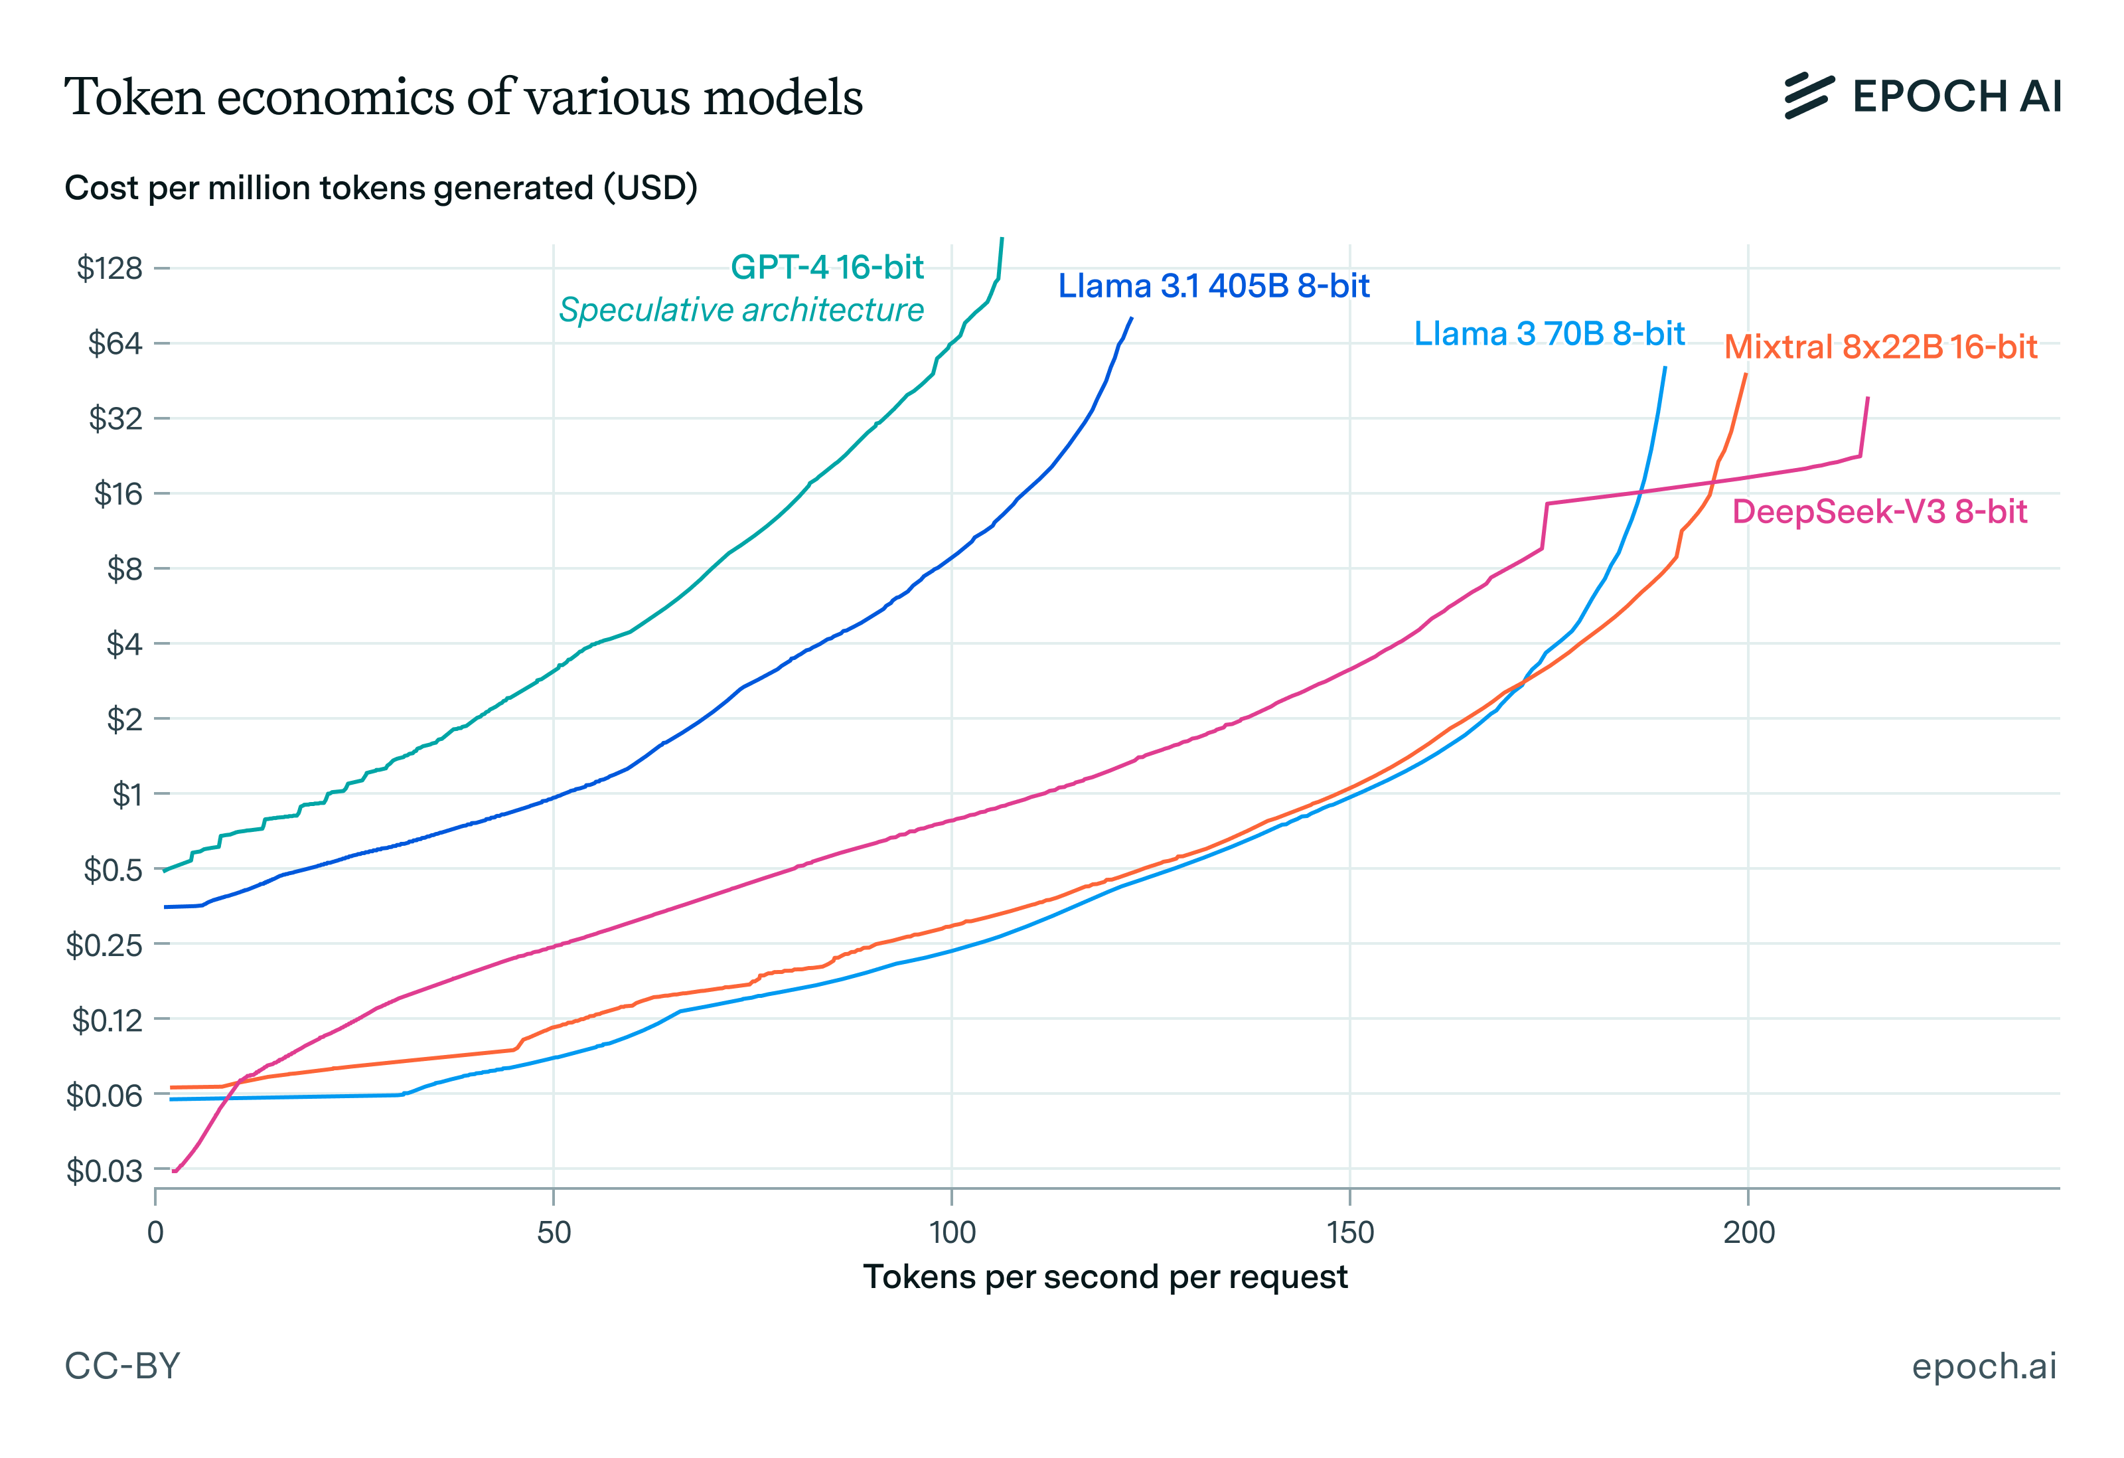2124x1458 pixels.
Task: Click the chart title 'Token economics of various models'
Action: (463, 97)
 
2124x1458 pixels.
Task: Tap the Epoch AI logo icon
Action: (1809, 96)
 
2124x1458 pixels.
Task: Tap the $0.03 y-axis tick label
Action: (104, 1170)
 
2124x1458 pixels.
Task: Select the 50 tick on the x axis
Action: (553, 1233)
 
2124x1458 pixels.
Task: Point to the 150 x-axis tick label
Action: (1350, 1233)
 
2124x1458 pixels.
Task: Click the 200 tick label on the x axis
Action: (1748, 1233)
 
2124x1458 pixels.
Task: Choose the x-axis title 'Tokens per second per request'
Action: (1105, 1277)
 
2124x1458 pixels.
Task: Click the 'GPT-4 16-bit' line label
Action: (827, 267)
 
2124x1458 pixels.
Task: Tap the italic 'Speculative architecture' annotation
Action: (741, 310)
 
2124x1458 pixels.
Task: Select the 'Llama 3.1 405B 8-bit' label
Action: (1213, 286)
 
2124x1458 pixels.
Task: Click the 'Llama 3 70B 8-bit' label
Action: (1549, 334)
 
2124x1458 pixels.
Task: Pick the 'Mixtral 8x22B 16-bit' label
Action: (1880, 347)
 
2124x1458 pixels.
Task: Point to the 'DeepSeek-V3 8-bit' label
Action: (1879, 512)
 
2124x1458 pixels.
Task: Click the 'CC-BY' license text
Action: (123, 1366)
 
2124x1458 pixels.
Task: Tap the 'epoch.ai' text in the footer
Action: (1983, 1366)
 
